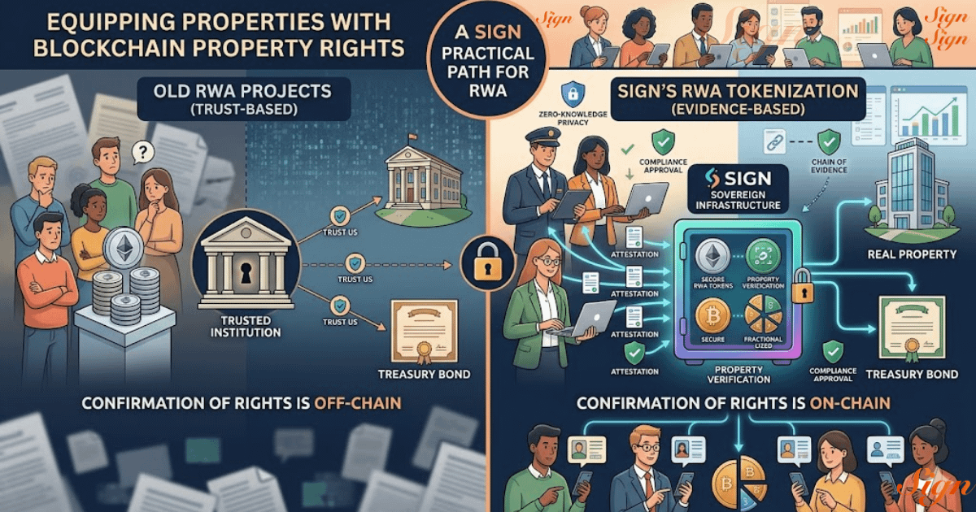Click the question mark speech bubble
143,152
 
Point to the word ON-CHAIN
847,402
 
